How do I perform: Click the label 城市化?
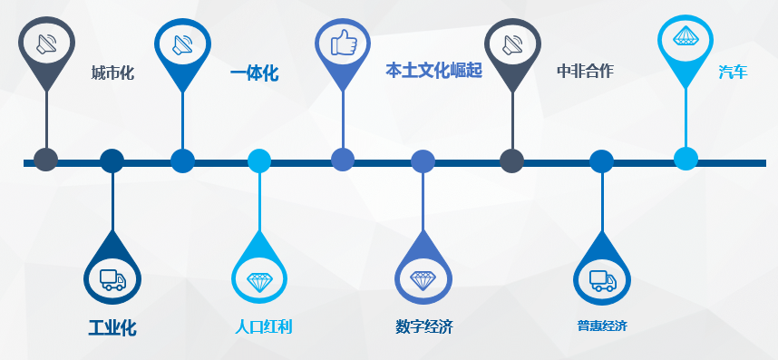[x=112, y=73]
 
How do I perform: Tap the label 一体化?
[x=255, y=73]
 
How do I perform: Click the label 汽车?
[x=733, y=72]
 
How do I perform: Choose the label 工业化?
[x=112, y=327]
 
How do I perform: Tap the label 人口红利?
[x=263, y=326]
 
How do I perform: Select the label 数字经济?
[x=423, y=326]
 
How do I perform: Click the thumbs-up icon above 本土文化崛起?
[x=343, y=43]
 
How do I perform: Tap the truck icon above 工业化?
[x=112, y=279]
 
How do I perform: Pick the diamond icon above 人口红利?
[x=260, y=280]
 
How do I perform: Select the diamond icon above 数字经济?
[x=423, y=279]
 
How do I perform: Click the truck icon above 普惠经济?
[x=602, y=280]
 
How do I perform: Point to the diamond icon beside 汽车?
[x=686, y=37]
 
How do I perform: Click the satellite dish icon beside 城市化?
[x=46, y=43]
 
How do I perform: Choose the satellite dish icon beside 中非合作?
[x=512, y=43]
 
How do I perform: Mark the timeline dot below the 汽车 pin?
[x=686, y=159]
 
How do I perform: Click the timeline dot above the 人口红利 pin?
[x=259, y=161]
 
